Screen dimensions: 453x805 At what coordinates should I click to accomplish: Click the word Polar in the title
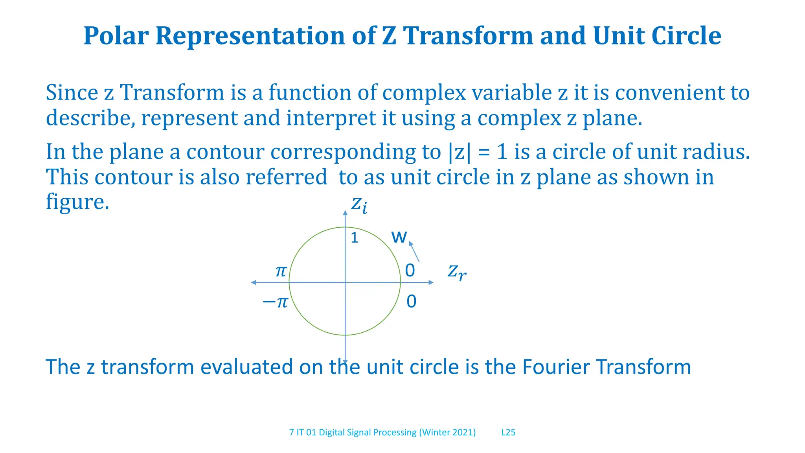click(116, 36)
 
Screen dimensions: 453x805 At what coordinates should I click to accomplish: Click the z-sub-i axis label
click(359, 205)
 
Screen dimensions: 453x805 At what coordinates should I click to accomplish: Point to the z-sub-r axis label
click(457, 272)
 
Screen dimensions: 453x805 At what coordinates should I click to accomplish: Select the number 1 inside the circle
click(354, 238)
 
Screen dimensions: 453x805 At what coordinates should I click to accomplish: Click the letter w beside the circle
click(399, 237)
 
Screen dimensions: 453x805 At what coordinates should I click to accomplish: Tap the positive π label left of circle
click(281, 271)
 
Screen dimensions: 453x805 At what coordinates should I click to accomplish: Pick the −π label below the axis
click(275, 302)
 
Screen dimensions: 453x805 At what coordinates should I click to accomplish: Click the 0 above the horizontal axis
click(410, 271)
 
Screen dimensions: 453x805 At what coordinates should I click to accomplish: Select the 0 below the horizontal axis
click(411, 302)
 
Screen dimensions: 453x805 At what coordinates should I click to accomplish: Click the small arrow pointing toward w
click(414, 252)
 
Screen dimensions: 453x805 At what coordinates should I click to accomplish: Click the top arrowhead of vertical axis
click(345, 213)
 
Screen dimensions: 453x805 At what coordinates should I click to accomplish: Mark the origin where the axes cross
click(345, 282)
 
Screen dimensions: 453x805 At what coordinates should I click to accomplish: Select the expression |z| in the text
click(459, 152)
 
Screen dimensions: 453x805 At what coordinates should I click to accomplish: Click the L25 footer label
click(508, 433)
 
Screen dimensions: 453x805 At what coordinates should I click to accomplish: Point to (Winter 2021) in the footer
click(447, 433)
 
